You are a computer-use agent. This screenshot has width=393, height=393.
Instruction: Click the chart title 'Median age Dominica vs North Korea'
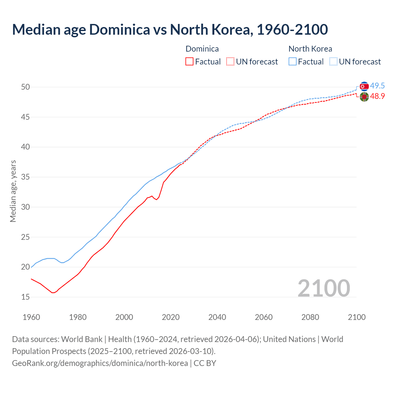(x=170, y=30)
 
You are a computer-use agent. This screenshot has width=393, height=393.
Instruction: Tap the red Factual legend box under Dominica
(x=189, y=62)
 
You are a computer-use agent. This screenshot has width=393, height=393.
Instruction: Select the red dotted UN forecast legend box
(x=230, y=62)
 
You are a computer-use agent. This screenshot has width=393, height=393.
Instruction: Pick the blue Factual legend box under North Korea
(x=293, y=62)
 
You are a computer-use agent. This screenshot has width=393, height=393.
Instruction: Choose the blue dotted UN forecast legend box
(x=333, y=62)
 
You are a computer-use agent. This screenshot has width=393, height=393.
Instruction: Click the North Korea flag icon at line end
(x=364, y=86)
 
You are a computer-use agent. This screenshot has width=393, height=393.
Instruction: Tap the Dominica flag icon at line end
(x=364, y=97)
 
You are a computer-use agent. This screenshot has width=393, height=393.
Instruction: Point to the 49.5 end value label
(x=377, y=86)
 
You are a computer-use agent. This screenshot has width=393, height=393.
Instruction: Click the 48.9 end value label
(x=377, y=96)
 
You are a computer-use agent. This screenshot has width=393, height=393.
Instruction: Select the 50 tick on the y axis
(x=25, y=87)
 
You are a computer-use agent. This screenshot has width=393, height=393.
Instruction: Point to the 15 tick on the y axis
(x=25, y=297)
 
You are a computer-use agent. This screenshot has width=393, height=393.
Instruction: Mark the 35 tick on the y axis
(x=25, y=177)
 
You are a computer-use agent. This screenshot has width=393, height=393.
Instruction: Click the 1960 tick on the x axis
(x=31, y=317)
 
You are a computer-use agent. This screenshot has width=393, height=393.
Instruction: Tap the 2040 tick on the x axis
(x=217, y=317)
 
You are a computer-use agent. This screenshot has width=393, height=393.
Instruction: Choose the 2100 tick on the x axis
(x=356, y=317)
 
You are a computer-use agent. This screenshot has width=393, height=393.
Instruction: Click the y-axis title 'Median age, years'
(x=13, y=191)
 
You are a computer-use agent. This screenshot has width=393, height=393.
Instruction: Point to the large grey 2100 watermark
(x=324, y=288)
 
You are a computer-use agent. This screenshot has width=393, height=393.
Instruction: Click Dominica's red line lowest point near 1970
(x=53, y=293)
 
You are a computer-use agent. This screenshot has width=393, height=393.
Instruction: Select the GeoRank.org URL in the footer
(x=100, y=363)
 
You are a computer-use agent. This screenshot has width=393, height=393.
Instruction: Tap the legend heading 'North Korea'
(x=310, y=49)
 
